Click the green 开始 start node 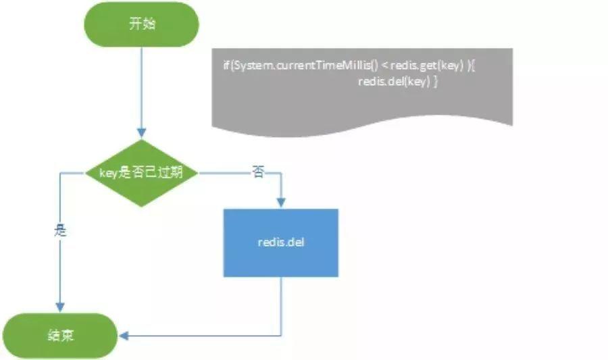[141, 23]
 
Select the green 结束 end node [61, 335]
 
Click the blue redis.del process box [280, 242]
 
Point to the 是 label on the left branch [61, 230]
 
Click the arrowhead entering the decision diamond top [141, 133]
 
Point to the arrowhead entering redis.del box [280, 203]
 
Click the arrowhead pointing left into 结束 [123, 335]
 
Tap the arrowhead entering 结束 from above [61, 307]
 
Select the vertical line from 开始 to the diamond [141, 88]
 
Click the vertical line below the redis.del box [280, 304]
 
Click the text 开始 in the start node [141, 23]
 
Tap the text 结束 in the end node [61, 335]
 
